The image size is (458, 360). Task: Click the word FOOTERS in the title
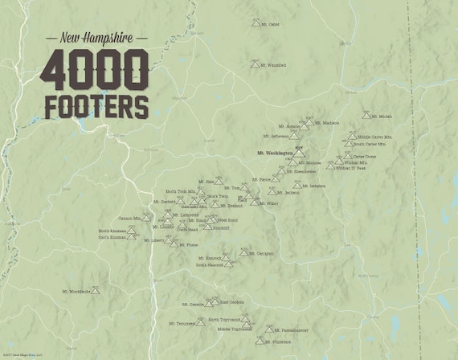(96, 105)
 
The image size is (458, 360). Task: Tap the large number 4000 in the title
(96, 70)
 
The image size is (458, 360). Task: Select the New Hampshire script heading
(96, 38)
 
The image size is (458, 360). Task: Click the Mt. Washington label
(272, 153)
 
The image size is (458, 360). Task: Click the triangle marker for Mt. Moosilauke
(96, 291)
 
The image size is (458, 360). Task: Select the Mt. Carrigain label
(261, 253)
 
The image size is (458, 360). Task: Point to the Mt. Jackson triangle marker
(274, 192)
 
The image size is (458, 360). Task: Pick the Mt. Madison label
(325, 123)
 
